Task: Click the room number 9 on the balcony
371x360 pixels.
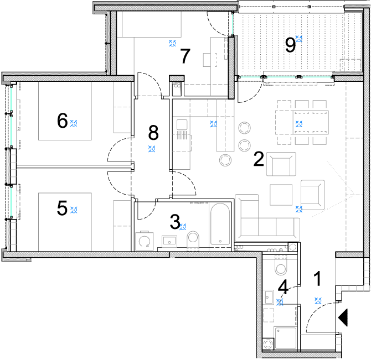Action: pyautogui.click(x=290, y=45)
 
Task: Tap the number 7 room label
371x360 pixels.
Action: pyautogui.click(x=185, y=56)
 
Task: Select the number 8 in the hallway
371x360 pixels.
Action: pyautogui.click(x=153, y=133)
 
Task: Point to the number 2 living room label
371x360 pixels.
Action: pyautogui.click(x=259, y=159)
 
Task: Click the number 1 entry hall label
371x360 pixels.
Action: pyautogui.click(x=317, y=279)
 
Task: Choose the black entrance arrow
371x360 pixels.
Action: pyautogui.click(x=343, y=317)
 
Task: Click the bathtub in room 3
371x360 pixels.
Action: pyautogui.click(x=220, y=224)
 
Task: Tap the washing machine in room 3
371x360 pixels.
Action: pyautogui.click(x=145, y=241)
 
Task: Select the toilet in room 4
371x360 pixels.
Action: pyautogui.click(x=281, y=266)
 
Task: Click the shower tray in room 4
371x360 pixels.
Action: pyautogui.click(x=285, y=338)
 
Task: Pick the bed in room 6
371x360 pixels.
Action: pyautogui.click(x=65, y=111)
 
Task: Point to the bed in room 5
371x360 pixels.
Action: pyautogui.click(x=65, y=222)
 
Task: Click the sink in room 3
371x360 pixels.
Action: pyautogui.click(x=169, y=241)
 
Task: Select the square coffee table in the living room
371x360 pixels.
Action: pyautogui.click(x=281, y=195)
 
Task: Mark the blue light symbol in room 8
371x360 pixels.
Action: pyautogui.click(x=152, y=149)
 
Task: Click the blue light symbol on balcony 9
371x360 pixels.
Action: pyautogui.click(x=299, y=39)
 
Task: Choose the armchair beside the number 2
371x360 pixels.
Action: pyautogui.click(x=281, y=164)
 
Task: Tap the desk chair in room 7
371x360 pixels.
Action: pyautogui.click(x=210, y=60)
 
